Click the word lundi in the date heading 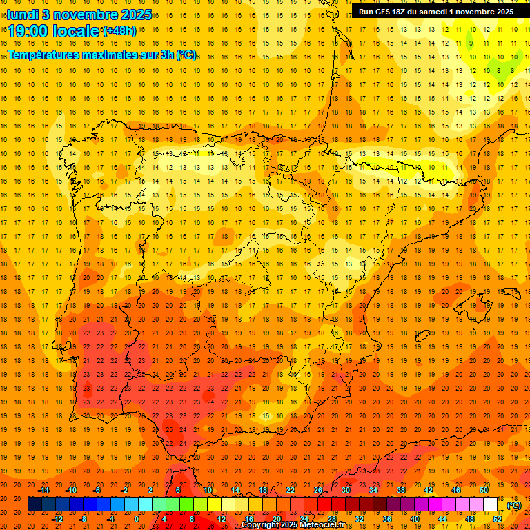tap(23, 14)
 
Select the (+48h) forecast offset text tap(119, 31)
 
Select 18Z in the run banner tap(401, 12)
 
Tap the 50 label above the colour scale tap(484, 490)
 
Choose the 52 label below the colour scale tap(498, 519)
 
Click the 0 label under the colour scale tap(137, 519)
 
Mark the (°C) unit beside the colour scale tap(513, 505)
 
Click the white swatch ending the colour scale tap(491, 504)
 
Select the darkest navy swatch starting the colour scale tap(35, 504)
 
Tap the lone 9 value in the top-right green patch tap(471, 43)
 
